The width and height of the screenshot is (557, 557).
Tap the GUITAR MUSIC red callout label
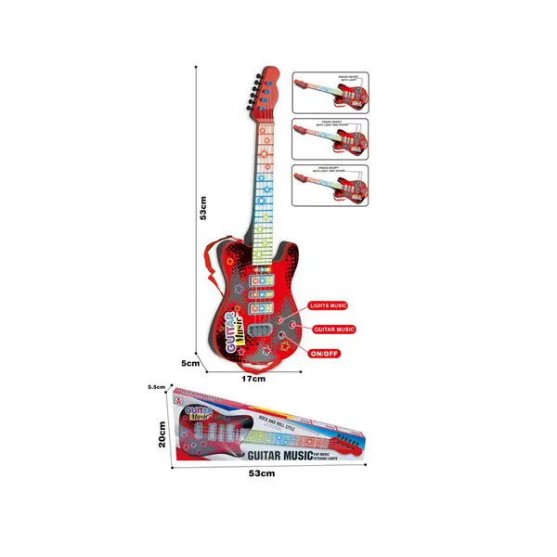pyautogui.click(x=332, y=329)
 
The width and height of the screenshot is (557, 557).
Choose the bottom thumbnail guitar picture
pyautogui.click(x=331, y=186)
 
